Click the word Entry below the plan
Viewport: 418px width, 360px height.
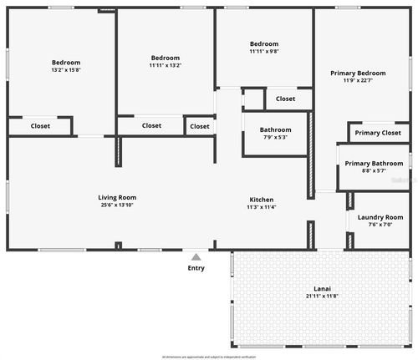tap(196, 268)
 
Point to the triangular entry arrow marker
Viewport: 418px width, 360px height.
tap(196, 257)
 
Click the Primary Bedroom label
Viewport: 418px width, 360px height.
tap(357, 74)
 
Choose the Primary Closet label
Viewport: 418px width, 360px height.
tap(378, 133)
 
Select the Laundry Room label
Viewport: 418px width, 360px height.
tap(380, 217)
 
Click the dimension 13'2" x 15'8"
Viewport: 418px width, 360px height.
tap(66, 71)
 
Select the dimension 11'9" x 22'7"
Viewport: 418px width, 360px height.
tap(357, 81)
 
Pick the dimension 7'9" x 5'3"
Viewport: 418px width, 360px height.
tap(275, 138)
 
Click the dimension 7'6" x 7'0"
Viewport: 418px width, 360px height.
tap(380, 225)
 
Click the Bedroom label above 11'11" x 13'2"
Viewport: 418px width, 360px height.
tap(166, 58)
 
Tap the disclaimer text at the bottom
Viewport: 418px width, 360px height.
tap(209, 356)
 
